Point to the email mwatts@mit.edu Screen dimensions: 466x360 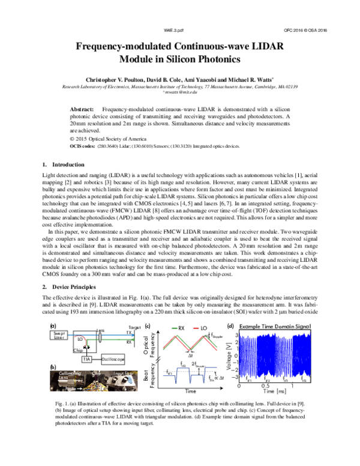click(x=180, y=92)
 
